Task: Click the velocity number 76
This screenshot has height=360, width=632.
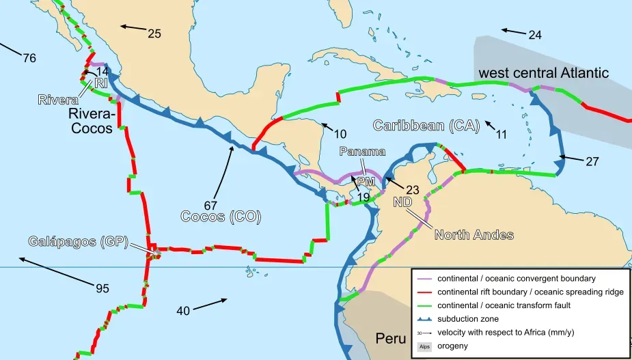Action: click(x=29, y=58)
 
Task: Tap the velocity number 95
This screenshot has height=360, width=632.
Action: click(x=102, y=288)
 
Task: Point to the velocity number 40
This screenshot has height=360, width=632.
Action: click(x=182, y=311)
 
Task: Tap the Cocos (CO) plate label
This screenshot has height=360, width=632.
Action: click(x=221, y=217)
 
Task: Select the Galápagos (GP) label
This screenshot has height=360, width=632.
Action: click(x=79, y=241)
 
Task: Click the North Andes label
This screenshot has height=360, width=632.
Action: click(x=474, y=235)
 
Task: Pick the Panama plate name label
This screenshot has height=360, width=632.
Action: click(x=362, y=151)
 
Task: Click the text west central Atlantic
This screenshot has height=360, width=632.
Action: click(x=543, y=73)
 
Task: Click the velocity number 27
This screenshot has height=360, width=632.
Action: click(x=592, y=162)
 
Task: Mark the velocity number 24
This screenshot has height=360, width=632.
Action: click(x=534, y=35)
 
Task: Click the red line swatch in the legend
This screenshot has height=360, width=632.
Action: click(x=423, y=292)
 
